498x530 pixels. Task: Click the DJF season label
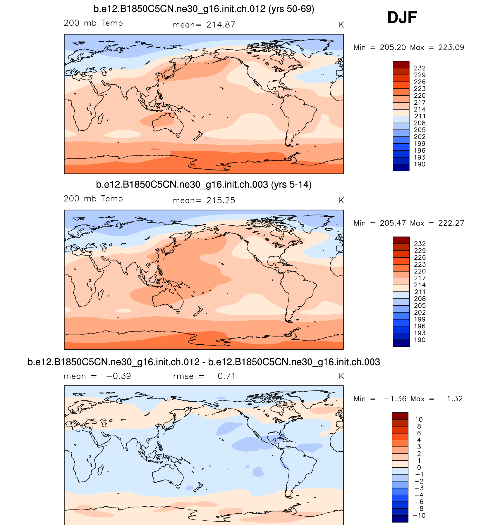(402, 18)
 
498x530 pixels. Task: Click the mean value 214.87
(221, 25)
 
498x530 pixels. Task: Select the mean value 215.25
(221, 201)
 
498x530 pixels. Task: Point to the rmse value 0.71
(226, 376)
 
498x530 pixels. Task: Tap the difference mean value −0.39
(119, 376)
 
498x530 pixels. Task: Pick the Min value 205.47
(393, 223)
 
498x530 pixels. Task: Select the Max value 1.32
(455, 399)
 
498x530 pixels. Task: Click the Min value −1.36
(395, 399)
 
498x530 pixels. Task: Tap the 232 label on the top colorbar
(420, 68)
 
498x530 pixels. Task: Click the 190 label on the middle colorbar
(420, 340)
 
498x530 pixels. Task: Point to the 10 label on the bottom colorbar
(419, 419)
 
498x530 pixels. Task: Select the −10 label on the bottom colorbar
(419, 516)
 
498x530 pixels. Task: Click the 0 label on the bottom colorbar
(419, 468)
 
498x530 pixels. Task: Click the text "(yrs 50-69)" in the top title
(291, 9)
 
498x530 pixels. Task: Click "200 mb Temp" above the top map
(93, 23)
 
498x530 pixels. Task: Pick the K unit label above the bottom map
(341, 376)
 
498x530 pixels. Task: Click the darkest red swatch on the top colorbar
(401, 65)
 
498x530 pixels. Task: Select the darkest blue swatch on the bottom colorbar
(400, 519)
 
